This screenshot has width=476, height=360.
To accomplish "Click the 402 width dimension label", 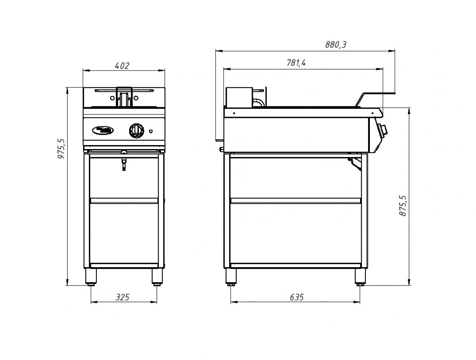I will pyautogui.click(x=122, y=66).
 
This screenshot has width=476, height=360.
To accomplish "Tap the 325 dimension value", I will pyautogui.click(x=122, y=297).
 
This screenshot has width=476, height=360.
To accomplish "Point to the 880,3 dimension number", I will pyautogui.click(x=335, y=45).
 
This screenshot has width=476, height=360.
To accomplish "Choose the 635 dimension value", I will pyautogui.click(x=296, y=297).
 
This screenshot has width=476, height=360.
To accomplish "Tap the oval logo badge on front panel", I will pyautogui.click(x=103, y=130).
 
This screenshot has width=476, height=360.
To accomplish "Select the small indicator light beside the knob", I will pyautogui.click(x=151, y=130).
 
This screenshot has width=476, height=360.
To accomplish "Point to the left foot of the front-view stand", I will pyautogui.click(x=91, y=277).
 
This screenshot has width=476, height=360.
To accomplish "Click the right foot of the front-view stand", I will pyautogui.click(x=157, y=277).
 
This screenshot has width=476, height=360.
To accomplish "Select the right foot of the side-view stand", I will pyautogui.click(x=359, y=277).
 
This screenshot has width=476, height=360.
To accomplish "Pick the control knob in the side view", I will pyautogui.click(x=383, y=129).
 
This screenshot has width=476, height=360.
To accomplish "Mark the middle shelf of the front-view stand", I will pyautogui.click(x=124, y=201).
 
